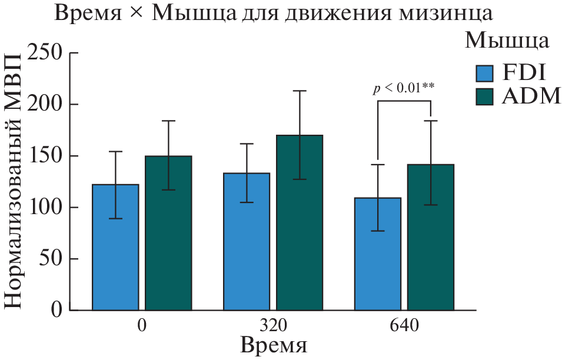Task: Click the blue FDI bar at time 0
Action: click(116, 247)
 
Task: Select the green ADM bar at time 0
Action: click(168, 233)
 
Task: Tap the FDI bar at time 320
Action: click(247, 241)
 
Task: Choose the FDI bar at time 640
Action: click(377, 254)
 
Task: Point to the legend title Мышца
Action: click(507, 40)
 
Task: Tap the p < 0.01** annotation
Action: click(404, 88)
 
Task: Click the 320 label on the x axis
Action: click(273, 325)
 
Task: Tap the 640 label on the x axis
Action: click(404, 325)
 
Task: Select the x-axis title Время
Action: click(274, 345)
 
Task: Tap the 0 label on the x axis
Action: click(142, 325)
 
